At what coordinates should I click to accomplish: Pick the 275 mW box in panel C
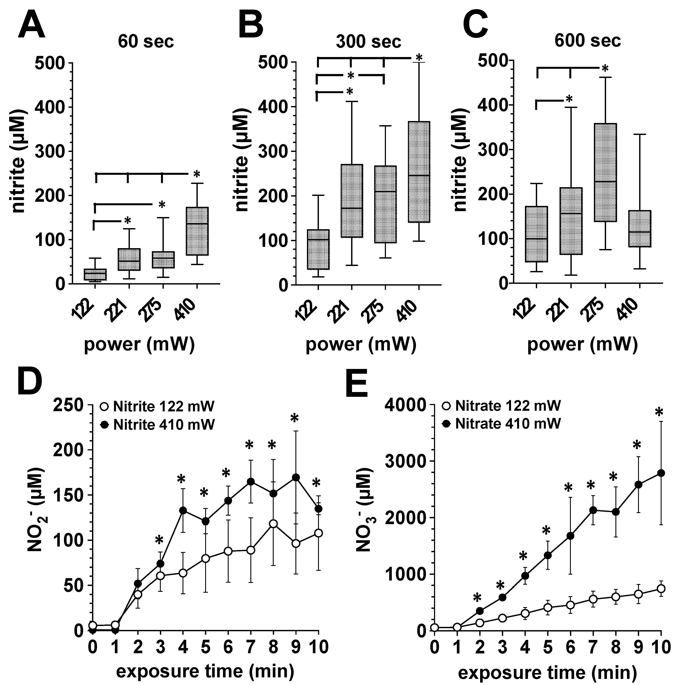point(605,172)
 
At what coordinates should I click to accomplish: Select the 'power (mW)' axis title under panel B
point(361,344)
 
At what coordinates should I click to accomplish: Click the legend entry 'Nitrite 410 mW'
point(158,424)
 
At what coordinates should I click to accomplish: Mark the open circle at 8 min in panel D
point(273,524)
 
